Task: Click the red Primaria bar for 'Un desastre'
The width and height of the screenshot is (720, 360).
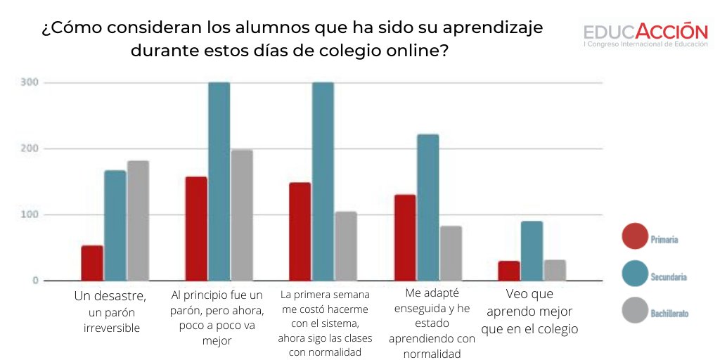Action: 92,263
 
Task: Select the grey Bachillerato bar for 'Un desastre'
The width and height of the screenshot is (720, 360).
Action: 138,221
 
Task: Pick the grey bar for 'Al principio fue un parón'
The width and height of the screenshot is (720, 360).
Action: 242,215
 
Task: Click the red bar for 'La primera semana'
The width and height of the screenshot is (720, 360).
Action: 300,231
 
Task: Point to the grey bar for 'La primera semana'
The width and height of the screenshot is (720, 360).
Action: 346,246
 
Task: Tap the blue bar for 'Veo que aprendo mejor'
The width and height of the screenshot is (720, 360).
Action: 532,251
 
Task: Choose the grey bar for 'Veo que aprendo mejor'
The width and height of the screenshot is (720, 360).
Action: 555,270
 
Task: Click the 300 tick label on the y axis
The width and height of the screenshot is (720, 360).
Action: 30,83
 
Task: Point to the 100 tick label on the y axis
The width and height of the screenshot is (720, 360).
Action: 30,214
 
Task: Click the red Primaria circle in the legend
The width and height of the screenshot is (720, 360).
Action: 635,236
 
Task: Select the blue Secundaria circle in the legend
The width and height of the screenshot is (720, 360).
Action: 635,274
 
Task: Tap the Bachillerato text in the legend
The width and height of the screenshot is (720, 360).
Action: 669,313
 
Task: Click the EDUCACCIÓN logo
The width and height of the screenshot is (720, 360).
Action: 645,35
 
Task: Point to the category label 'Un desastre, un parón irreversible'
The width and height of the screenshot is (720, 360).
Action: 110,311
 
